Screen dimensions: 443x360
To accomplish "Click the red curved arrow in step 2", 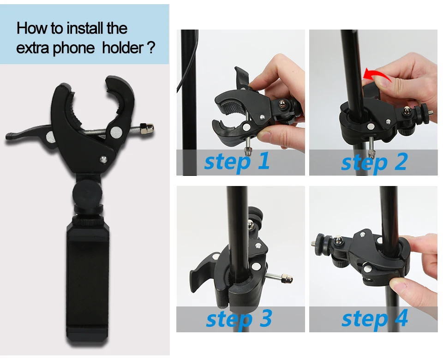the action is [375, 74].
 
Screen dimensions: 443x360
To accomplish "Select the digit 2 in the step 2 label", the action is [401, 161].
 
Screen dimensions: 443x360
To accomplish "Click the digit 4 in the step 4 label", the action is [401, 318].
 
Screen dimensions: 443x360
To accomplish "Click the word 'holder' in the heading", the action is [123, 47].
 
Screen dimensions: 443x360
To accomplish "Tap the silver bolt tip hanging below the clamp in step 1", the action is [248, 152].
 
